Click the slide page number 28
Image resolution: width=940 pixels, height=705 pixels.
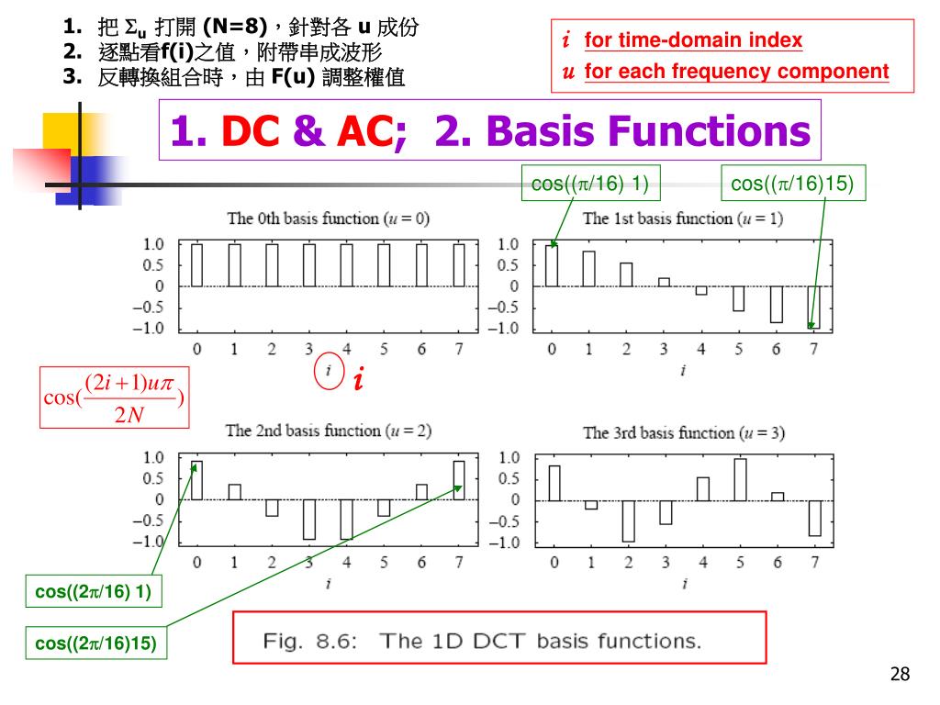900,675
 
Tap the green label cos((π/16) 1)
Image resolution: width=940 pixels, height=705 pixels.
590,184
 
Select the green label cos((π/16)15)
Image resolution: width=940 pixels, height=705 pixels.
791,184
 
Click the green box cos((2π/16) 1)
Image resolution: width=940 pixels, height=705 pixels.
92,592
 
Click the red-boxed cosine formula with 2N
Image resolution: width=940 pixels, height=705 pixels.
115,397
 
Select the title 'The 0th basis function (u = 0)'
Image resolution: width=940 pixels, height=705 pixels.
329,218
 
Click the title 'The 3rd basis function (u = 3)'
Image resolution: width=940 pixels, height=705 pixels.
684,432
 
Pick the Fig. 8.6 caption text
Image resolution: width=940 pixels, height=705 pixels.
482,640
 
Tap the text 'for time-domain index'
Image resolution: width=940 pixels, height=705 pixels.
693,40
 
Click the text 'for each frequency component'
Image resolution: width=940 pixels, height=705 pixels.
736,72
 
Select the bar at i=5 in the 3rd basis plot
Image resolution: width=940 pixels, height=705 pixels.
740,479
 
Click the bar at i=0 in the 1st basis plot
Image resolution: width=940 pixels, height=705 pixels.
552,265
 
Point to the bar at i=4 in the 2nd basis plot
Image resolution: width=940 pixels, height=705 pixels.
346,519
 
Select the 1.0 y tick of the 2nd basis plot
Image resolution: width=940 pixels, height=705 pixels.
152,457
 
